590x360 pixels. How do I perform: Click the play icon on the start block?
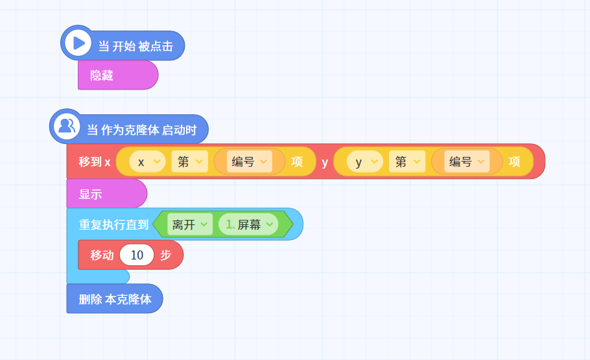click(x=78, y=43)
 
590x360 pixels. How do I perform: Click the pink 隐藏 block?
click(x=118, y=75)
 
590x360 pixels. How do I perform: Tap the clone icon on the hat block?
click(x=67, y=126)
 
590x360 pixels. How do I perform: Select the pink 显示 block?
click(x=106, y=193)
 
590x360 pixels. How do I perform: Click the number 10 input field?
click(x=137, y=255)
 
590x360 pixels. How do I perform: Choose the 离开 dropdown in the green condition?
click(x=189, y=224)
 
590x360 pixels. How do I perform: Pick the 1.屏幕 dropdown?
click(x=248, y=224)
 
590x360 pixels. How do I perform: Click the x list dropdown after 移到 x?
click(x=147, y=162)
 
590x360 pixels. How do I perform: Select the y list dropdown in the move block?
click(x=364, y=162)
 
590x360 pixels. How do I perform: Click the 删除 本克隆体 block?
click(x=114, y=298)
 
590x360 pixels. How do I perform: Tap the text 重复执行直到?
click(x=113, y=225)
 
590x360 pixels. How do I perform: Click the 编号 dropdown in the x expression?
click(x=249, y=162)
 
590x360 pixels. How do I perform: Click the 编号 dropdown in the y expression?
click(x=467, y=162)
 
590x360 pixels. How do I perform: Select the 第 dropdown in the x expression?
click(x=189, y=162)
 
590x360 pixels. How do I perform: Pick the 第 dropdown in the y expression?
click(x=407, y=162)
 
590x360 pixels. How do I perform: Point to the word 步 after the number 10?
click(x=165, y=255)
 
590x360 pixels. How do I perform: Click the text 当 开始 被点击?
click(x=136, y=46)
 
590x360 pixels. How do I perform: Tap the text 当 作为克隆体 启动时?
click(x=142, y=130)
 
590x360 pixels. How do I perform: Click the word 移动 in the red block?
click(x=102, y=255)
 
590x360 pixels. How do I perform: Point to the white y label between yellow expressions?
click(x=325, y=163)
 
